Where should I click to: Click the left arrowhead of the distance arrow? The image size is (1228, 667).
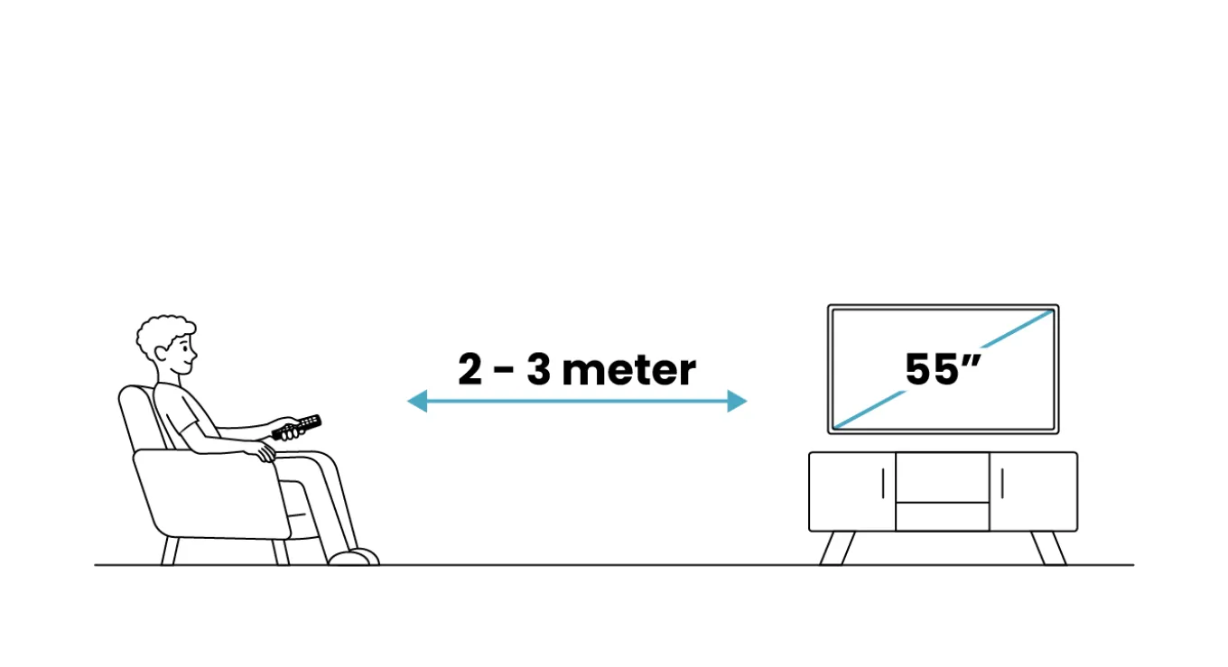(x=418, y=401)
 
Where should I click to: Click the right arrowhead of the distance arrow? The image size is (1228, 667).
(x=737, y=401)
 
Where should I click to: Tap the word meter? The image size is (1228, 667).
(x=628, y=370)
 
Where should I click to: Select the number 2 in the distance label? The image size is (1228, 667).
(x=470, y=369)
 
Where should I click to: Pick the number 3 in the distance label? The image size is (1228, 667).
(x=538, y=369)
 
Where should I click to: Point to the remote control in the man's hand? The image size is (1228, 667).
(x=296, y=428)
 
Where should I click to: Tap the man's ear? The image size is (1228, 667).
(x=161, y=354)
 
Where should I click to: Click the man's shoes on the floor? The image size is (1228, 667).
(x=354, y=557)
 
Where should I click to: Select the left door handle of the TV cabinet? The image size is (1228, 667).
(x=883, y=484)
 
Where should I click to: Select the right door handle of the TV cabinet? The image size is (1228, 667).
(x=1002, y=484)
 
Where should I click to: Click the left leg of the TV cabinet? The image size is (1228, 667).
(x=837, y=548)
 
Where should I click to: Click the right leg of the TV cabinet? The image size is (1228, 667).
(x=1048, y=548)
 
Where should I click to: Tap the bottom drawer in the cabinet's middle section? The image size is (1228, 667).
(x=943, y=516)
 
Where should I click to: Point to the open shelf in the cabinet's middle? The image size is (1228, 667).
(x=943, y=477)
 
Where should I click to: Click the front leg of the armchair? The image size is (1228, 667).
(x=281, y=551)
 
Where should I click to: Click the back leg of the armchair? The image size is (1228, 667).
(x=170, y=551)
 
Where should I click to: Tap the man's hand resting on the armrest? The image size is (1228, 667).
(x=265, y=452)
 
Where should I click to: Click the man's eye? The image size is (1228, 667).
(x=186, y=347)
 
